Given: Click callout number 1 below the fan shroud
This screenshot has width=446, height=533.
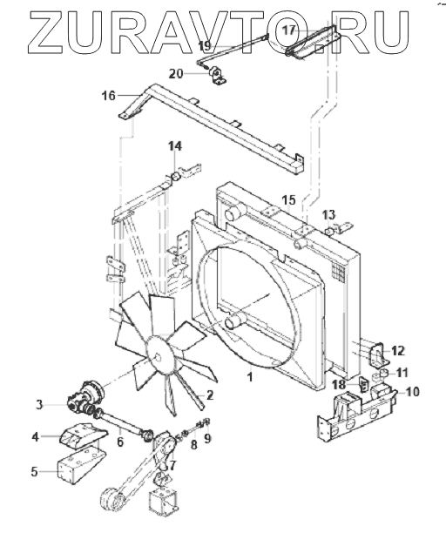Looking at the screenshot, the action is click(250, 377).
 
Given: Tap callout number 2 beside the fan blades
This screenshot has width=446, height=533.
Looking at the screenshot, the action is click(209, 395).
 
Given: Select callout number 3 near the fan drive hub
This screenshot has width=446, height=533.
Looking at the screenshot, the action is click(40, 404).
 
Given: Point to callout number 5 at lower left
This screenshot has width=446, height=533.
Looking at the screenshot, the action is click(34, 472).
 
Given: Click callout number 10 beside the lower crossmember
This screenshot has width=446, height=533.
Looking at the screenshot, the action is click(412, 392).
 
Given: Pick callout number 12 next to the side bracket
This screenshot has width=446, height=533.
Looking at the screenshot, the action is click(398, 350).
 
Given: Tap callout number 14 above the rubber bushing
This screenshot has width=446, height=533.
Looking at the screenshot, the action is click(175, 146).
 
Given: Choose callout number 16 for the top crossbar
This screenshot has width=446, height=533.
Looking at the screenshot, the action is click(109, 96).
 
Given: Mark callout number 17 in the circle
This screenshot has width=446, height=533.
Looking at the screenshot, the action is click(289, 30).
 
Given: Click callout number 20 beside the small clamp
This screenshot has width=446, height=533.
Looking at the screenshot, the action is click(177, 73).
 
